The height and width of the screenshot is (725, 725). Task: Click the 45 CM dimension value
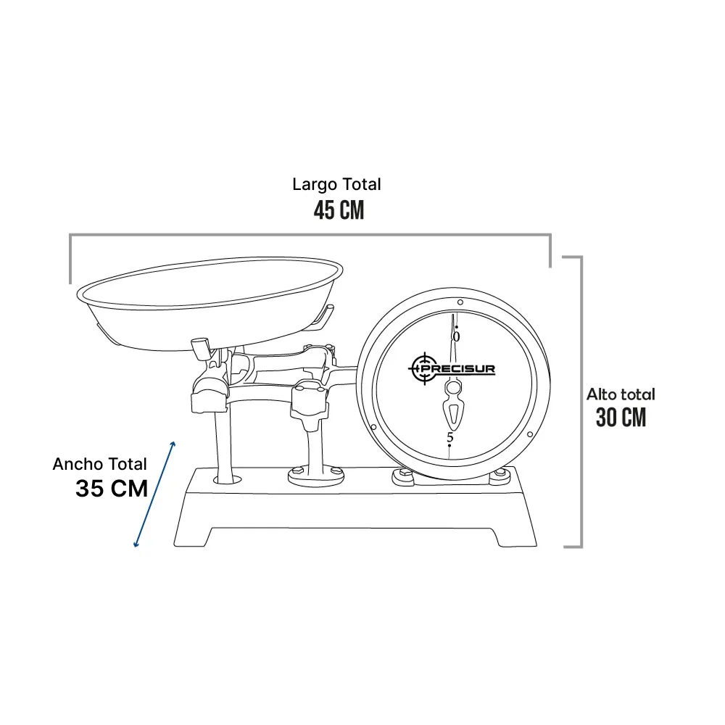coord(339,210)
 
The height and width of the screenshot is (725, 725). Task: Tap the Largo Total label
coord(336,184)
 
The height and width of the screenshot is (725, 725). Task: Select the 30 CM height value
coord(621,418)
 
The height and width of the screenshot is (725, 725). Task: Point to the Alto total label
coord(621,394)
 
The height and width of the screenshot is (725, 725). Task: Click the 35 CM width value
coord(112,489)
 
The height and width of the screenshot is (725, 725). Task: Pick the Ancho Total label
coord(99,464)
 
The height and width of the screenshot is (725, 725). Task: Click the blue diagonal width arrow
coord(154,494)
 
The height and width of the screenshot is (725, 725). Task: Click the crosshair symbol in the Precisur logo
coord(423,368)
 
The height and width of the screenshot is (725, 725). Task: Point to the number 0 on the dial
coord(456,337)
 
